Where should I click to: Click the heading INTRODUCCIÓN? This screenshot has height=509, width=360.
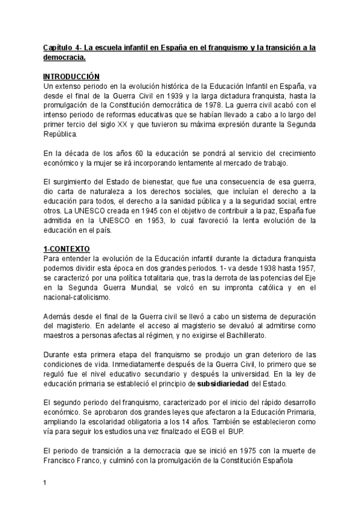[x=71, y=77]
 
